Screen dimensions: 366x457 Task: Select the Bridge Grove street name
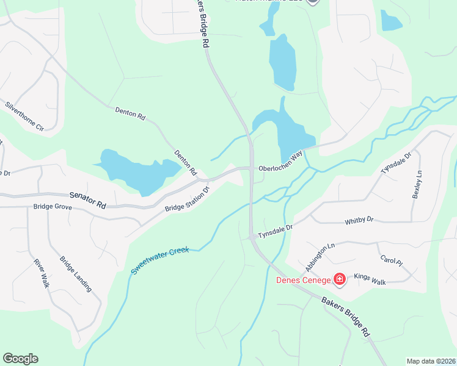click(x=53, y=207)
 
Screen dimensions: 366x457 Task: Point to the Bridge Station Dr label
click(x=187, y=199)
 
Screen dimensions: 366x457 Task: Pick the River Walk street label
click(x=40, y=273)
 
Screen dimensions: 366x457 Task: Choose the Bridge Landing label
click(x=76, y=273)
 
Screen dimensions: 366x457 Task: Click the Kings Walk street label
click(x=370, y=278)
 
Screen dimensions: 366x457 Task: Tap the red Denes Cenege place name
click(x=303, y=280)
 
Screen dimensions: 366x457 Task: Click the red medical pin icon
click(x=340, y=279)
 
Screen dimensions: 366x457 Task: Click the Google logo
click(x=20, y=359)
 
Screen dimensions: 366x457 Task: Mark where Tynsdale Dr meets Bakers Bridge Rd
click(x=251, y=237)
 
